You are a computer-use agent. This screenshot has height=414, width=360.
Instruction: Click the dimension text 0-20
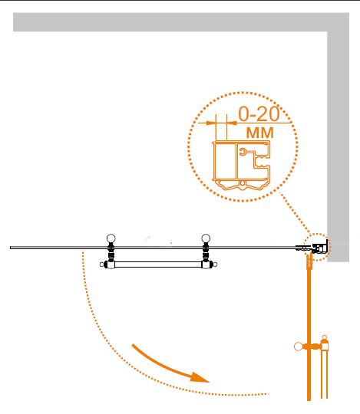(259, 113)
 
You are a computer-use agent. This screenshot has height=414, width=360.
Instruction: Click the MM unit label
(259, 133)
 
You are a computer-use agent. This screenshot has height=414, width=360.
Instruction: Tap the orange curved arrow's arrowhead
(199, 377)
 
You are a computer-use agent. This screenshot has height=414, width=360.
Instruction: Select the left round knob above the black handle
(111, 238)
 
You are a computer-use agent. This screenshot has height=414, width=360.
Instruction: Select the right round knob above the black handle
(206, 238)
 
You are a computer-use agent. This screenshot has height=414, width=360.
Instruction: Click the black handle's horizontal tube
(158, 264)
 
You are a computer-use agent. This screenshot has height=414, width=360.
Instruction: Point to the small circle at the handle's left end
(102, 264)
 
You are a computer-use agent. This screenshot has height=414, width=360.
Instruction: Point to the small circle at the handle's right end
(215, 264)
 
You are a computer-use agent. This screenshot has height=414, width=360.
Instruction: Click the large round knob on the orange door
(299, 347)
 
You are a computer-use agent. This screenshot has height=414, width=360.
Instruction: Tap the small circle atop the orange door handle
(325, 337)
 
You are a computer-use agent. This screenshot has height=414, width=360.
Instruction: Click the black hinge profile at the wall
(320, 248)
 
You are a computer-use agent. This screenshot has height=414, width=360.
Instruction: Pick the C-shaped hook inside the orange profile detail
(243, 152)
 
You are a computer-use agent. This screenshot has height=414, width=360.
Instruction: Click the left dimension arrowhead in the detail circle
(211, 123)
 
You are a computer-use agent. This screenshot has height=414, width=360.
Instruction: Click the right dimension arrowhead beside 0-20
(232, 123)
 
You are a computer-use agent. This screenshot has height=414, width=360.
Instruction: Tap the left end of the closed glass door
(11, 248)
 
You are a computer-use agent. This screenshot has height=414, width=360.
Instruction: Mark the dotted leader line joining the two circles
(295, 213)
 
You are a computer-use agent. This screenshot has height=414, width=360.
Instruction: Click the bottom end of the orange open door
(309, 400)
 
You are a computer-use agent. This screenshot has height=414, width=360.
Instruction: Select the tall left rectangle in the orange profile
(225, 161)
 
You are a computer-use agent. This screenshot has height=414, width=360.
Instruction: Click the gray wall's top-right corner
(349, 13)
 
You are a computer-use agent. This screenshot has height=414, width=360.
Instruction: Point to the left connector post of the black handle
(111, 254)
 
